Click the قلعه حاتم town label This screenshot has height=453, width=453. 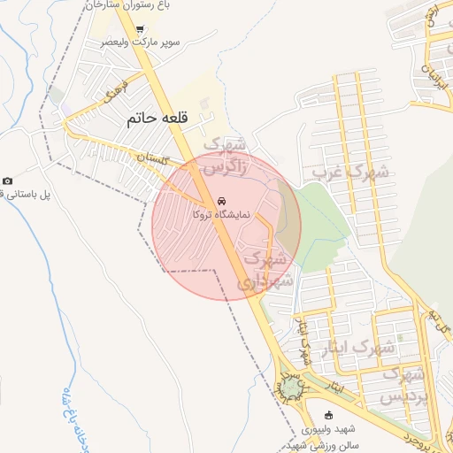[x=154, y=117]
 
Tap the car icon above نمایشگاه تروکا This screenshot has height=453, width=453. [x=220, y=200]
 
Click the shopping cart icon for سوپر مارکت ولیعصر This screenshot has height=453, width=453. [x=140, y=29]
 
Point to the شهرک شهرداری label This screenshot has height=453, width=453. [x=261, y=271]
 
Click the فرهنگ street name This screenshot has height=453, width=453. [x=117, y=91]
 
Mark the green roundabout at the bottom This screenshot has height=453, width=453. [x=290, y=388]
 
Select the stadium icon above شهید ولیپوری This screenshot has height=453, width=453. [x=329, y=416]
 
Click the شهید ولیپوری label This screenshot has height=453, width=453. [x=328, y=429]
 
